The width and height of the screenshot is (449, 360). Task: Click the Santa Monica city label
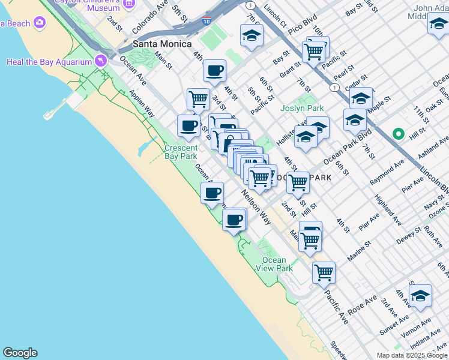pos(162,44)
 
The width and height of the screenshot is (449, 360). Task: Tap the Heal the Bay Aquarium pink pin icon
pos(100,61)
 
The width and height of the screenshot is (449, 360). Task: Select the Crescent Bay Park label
pos(181,152)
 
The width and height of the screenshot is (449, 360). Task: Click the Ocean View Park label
pos(277,264)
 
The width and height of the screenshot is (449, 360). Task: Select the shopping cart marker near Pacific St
pos(314,52)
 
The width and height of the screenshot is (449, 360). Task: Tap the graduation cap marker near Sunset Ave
pos(420,296)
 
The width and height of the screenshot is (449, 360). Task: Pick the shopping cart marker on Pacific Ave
pos(324,272)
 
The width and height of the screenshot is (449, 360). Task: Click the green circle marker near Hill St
pos(397,133)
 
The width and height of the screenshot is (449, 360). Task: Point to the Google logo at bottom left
pos(20,353)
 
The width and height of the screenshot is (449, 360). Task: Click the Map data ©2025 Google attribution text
pos(412,355)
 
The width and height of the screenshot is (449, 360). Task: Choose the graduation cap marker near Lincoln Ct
pos(252,36)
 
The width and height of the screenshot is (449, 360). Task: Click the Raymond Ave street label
pos(387,172)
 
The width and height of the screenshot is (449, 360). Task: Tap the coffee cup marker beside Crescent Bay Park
pos(188,126)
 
